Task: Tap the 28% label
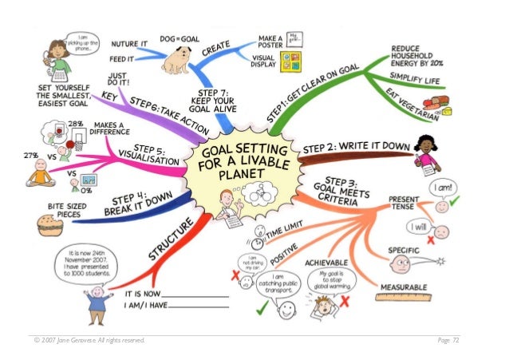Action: pos(77,125)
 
